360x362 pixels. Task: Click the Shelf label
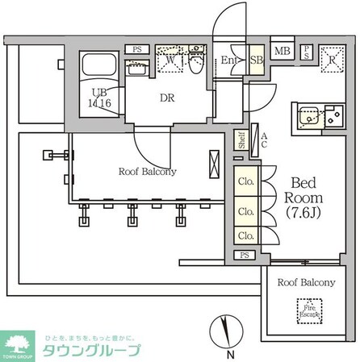(241, 140)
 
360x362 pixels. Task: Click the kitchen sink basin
(307, 119)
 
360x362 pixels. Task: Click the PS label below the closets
(245, 255)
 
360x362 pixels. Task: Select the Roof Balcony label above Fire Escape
(307, 282)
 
